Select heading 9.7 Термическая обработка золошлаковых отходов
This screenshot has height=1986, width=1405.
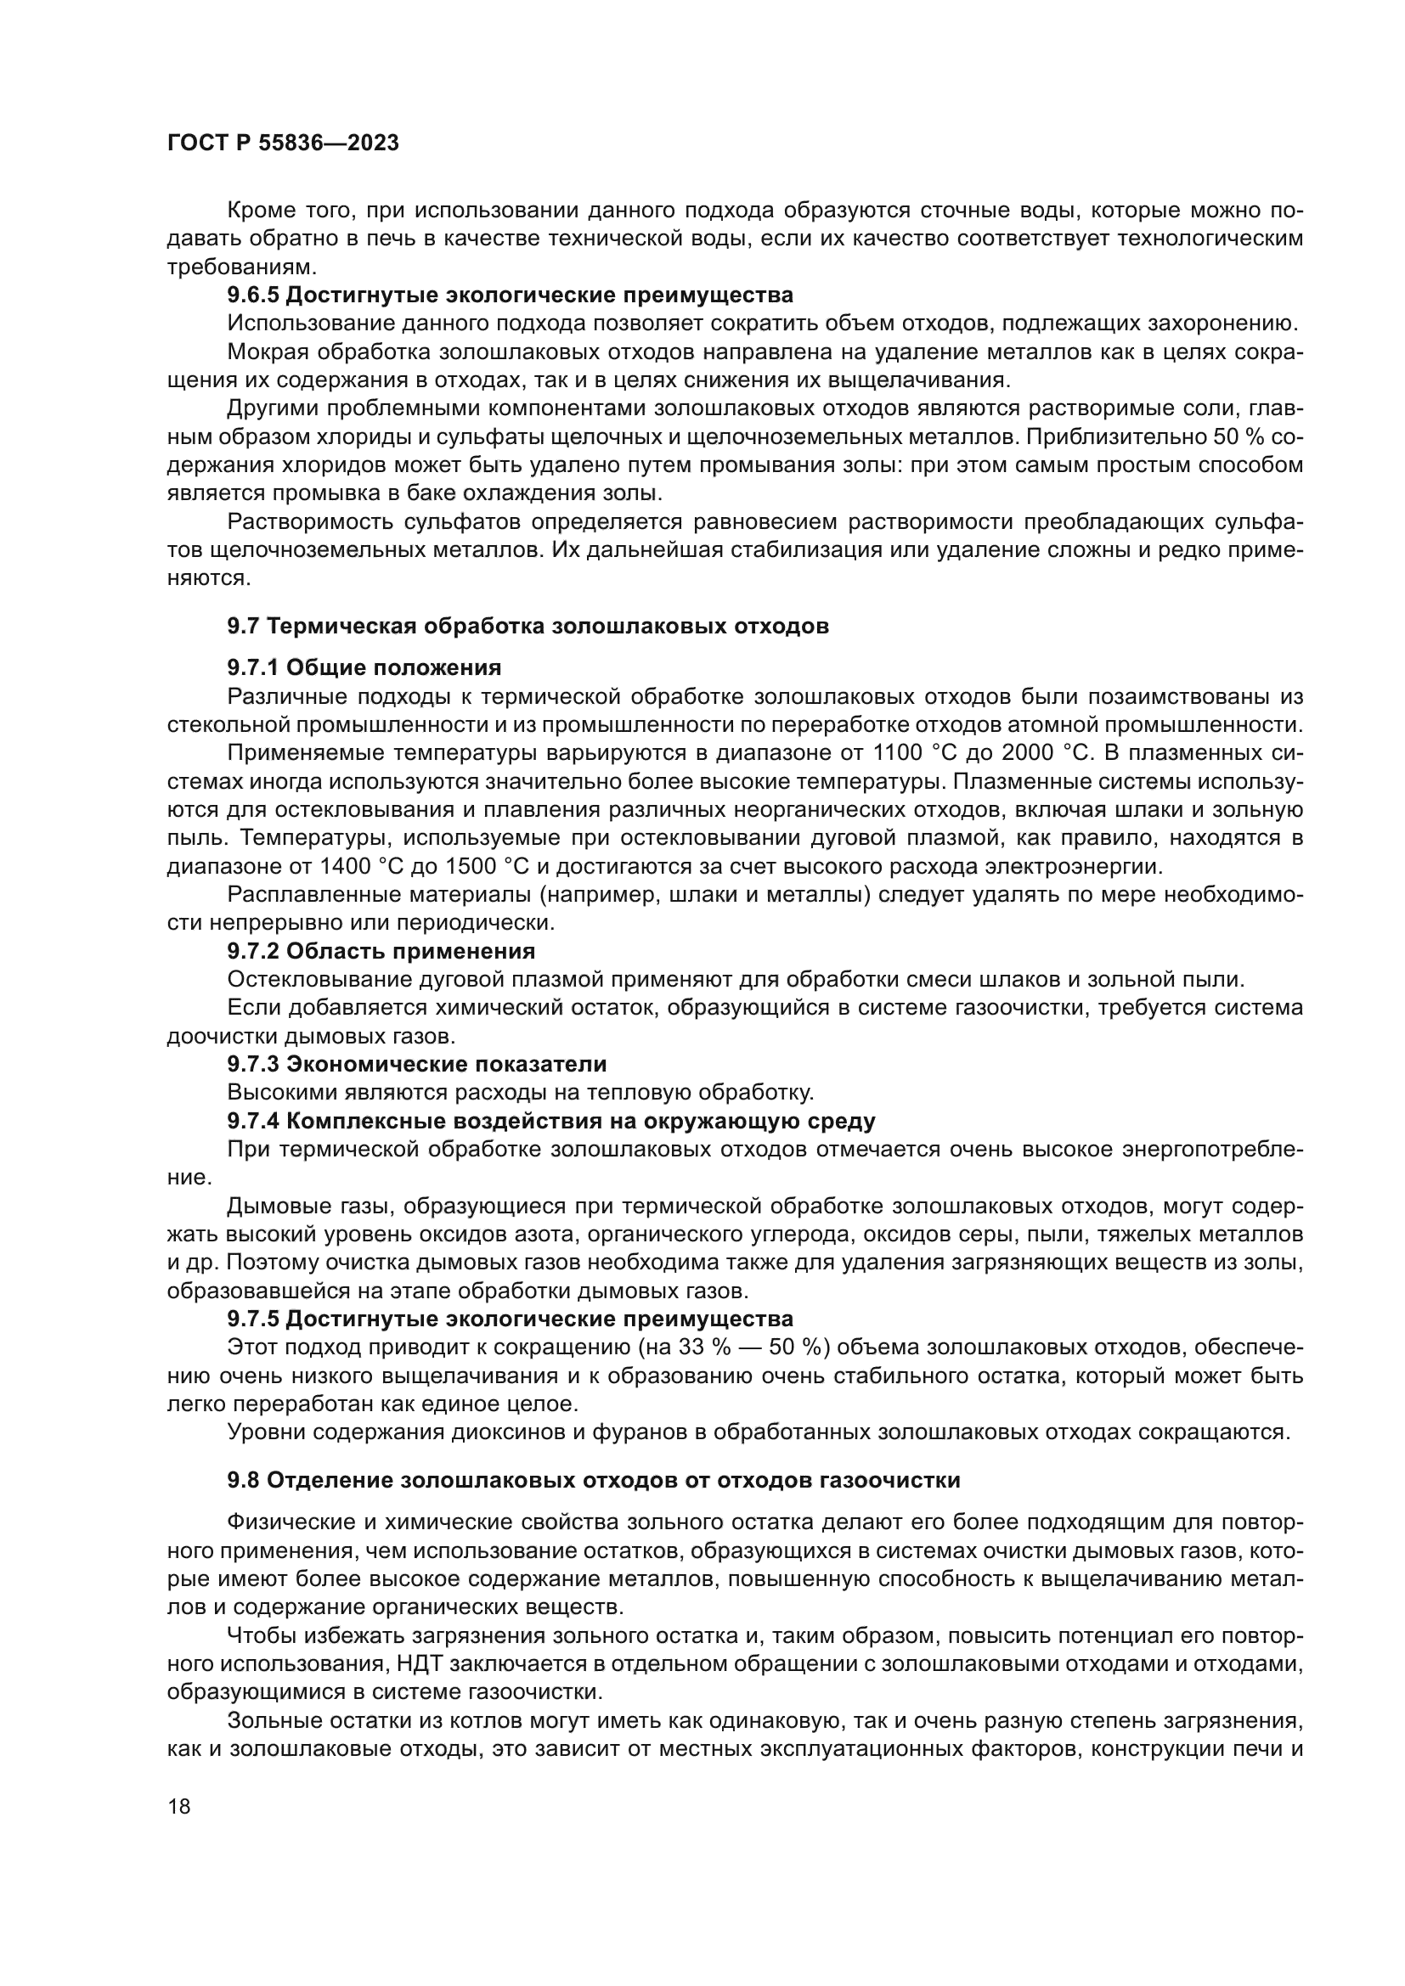click(x=528, y=626)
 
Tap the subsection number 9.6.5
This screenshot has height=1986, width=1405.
click(x=252, y=295)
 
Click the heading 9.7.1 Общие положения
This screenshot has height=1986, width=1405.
click(x=364, y=667)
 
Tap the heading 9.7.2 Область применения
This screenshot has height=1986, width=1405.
click(x=381, y=951)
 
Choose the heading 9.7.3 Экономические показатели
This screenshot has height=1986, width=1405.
click(x=416, y=1064)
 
